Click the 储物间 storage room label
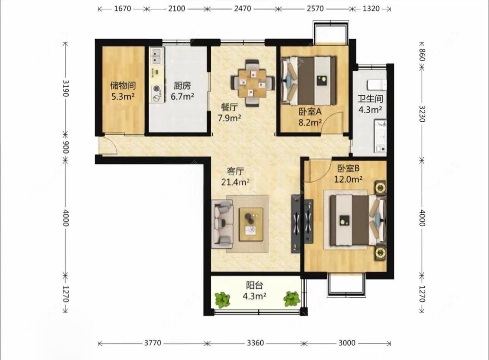[123, 85]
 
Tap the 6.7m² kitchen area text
[183, 96]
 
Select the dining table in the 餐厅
[253, 83]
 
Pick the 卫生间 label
[370, 99]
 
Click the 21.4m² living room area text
[235, 182]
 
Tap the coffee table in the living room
[251, 224]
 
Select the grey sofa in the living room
[222, 223]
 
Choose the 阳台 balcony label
[254, 285]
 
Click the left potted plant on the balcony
[223, 299]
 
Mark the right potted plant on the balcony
[292, 299]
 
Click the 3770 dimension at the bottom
[153, 343]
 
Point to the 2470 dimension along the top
[242, 9]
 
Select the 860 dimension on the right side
[422, 55]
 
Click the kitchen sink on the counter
[156, 56]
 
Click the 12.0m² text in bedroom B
[348, 180]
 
